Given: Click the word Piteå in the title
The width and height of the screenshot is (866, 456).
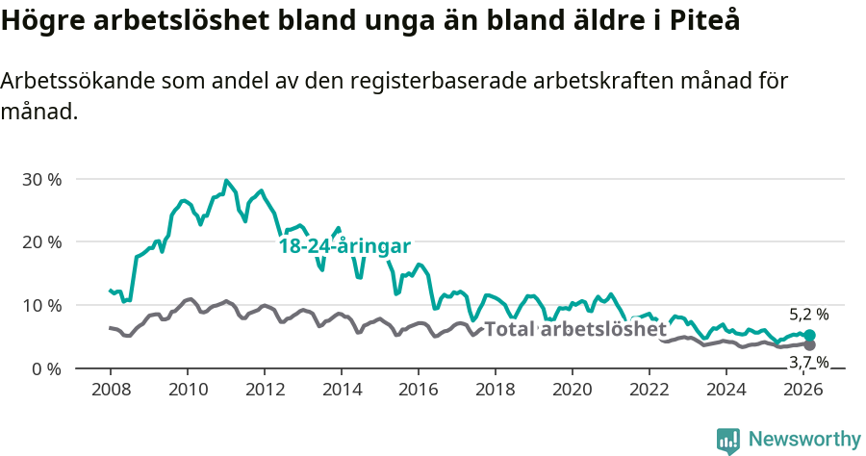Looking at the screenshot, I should click(x=707, y=21).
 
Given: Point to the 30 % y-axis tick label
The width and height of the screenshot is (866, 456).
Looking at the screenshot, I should click(x=41, y=179).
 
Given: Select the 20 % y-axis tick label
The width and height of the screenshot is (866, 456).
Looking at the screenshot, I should click(x=41, y=241).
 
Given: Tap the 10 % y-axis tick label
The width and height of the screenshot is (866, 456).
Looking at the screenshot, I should click(x=41, y=305).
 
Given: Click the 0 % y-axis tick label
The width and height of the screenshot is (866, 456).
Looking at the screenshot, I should click(x=46, y=368).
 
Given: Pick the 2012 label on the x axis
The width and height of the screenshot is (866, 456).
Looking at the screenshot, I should click(x=264, y=390).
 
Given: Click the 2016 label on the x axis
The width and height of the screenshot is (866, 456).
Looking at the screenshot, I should click(x=419, y=390).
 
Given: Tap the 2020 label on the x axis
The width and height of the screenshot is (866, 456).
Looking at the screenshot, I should click(x=573, y=390).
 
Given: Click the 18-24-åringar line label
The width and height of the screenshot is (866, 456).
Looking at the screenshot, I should click(x=344, y=245).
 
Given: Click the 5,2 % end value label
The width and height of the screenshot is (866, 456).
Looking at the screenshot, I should click(x=808, y=315).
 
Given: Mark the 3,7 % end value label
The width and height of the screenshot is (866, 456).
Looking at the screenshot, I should click(x=808, y=362).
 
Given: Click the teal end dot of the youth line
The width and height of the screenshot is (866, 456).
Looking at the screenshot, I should click(x=809, y=335).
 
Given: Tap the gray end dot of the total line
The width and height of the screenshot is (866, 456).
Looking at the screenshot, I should click(x=809, y=344).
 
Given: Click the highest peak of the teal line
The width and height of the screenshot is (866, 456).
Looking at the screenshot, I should click(x=226, y=180).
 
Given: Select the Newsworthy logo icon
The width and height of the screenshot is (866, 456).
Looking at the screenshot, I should click(x=728, y=441).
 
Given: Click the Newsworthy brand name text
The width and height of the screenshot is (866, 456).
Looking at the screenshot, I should click(x=804, y=440).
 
